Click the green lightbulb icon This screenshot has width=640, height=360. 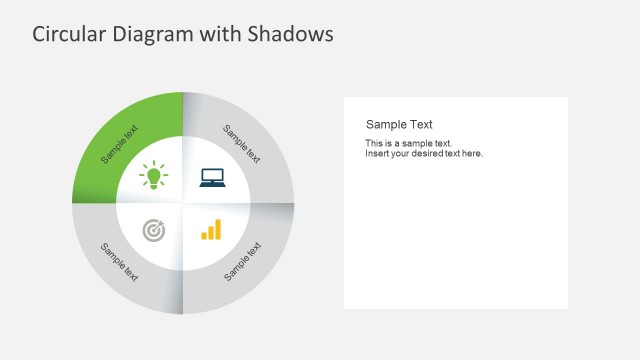[153, 176]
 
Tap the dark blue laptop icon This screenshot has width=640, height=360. [212, 178]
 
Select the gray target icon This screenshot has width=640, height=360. [153, 231]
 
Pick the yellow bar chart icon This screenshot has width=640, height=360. [211, 230]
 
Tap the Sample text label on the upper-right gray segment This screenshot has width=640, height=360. [241, 144]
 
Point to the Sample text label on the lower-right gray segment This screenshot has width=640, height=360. [242, 261]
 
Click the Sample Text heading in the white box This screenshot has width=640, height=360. [399, 125]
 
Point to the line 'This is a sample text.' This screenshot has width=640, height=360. [409, 144]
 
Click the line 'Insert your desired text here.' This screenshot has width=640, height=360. [424, 154]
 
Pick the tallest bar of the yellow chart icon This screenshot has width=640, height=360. [217, 229]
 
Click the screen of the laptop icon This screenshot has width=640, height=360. [212, 176]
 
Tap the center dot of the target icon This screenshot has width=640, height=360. [153, 232]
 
